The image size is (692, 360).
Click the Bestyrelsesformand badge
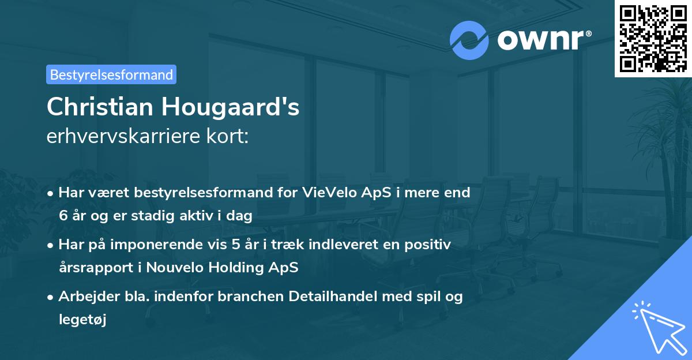coord(111,74)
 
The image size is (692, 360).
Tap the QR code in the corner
coord(653,38)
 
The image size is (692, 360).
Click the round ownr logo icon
coord(469,40)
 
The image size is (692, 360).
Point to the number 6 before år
coord(62,216)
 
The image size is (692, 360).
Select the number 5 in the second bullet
coord(236,245)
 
